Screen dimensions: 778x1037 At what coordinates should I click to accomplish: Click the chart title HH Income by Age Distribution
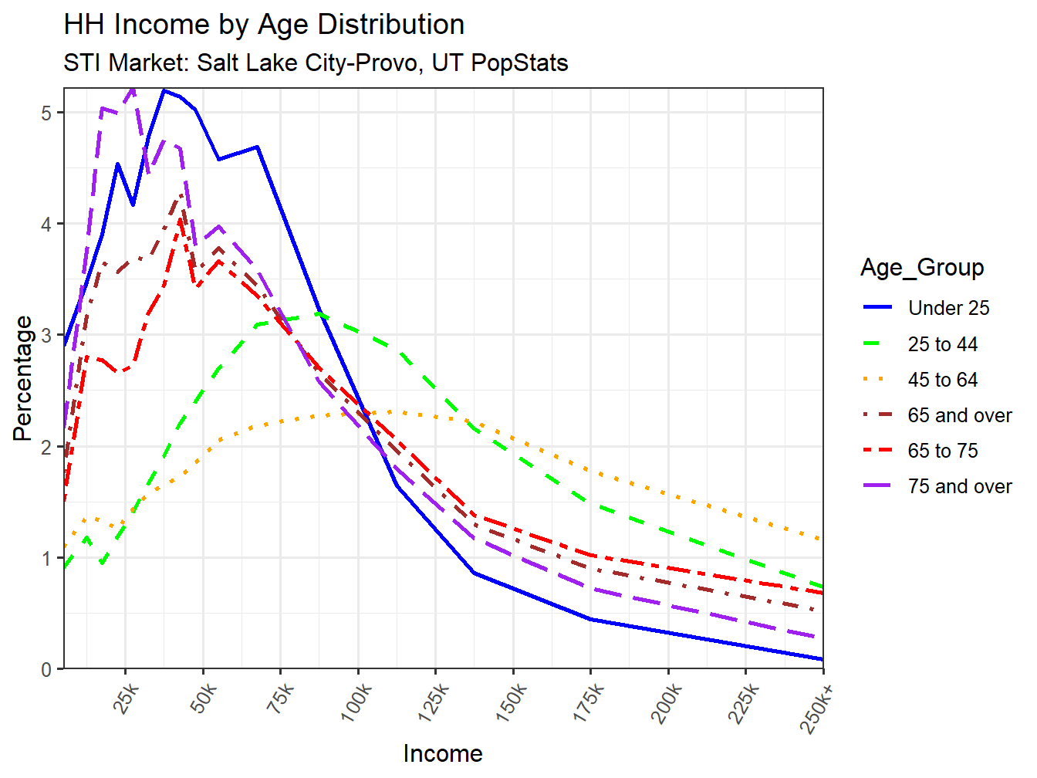pos(264,25)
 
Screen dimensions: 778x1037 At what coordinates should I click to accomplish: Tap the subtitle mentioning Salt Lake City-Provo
pos(316,63)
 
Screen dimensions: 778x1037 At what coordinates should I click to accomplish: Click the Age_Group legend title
pos(922,268)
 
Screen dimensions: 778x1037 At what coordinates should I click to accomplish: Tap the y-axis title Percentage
pos(23,378)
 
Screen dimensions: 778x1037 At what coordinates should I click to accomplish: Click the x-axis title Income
pos(443,753)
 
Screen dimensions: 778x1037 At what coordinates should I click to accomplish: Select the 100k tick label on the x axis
pos(356,702)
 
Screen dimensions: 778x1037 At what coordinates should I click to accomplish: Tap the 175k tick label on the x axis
pos(589,702)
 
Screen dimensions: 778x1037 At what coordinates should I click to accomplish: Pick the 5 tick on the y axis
pos(47,113)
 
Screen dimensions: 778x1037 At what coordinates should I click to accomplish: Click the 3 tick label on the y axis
pos(47,336)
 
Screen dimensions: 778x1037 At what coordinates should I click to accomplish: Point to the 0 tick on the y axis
pos(47,669)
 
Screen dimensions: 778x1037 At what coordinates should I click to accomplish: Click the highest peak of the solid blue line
pos(164,90)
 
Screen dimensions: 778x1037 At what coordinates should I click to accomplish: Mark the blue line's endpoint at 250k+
pos(823,659)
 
